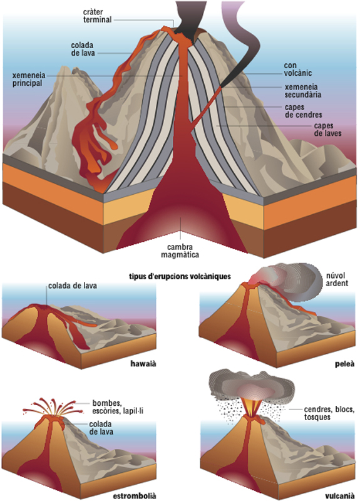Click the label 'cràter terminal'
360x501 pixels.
98,16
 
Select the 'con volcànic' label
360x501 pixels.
298,70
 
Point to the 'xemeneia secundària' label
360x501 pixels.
303,91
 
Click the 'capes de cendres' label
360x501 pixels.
304,111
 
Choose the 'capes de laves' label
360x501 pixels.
327,130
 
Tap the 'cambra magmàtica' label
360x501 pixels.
180,251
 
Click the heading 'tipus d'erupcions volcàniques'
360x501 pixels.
180,276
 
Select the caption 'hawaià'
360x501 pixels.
143,363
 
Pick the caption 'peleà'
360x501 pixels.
345,364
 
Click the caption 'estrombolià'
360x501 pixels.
135,496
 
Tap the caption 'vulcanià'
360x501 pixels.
340,496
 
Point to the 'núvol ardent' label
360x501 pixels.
337,279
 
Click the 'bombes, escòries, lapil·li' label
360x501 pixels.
118,407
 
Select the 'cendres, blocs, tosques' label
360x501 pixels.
329,413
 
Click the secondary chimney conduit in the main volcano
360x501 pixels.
207,105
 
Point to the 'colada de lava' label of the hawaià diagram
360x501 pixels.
73,286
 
